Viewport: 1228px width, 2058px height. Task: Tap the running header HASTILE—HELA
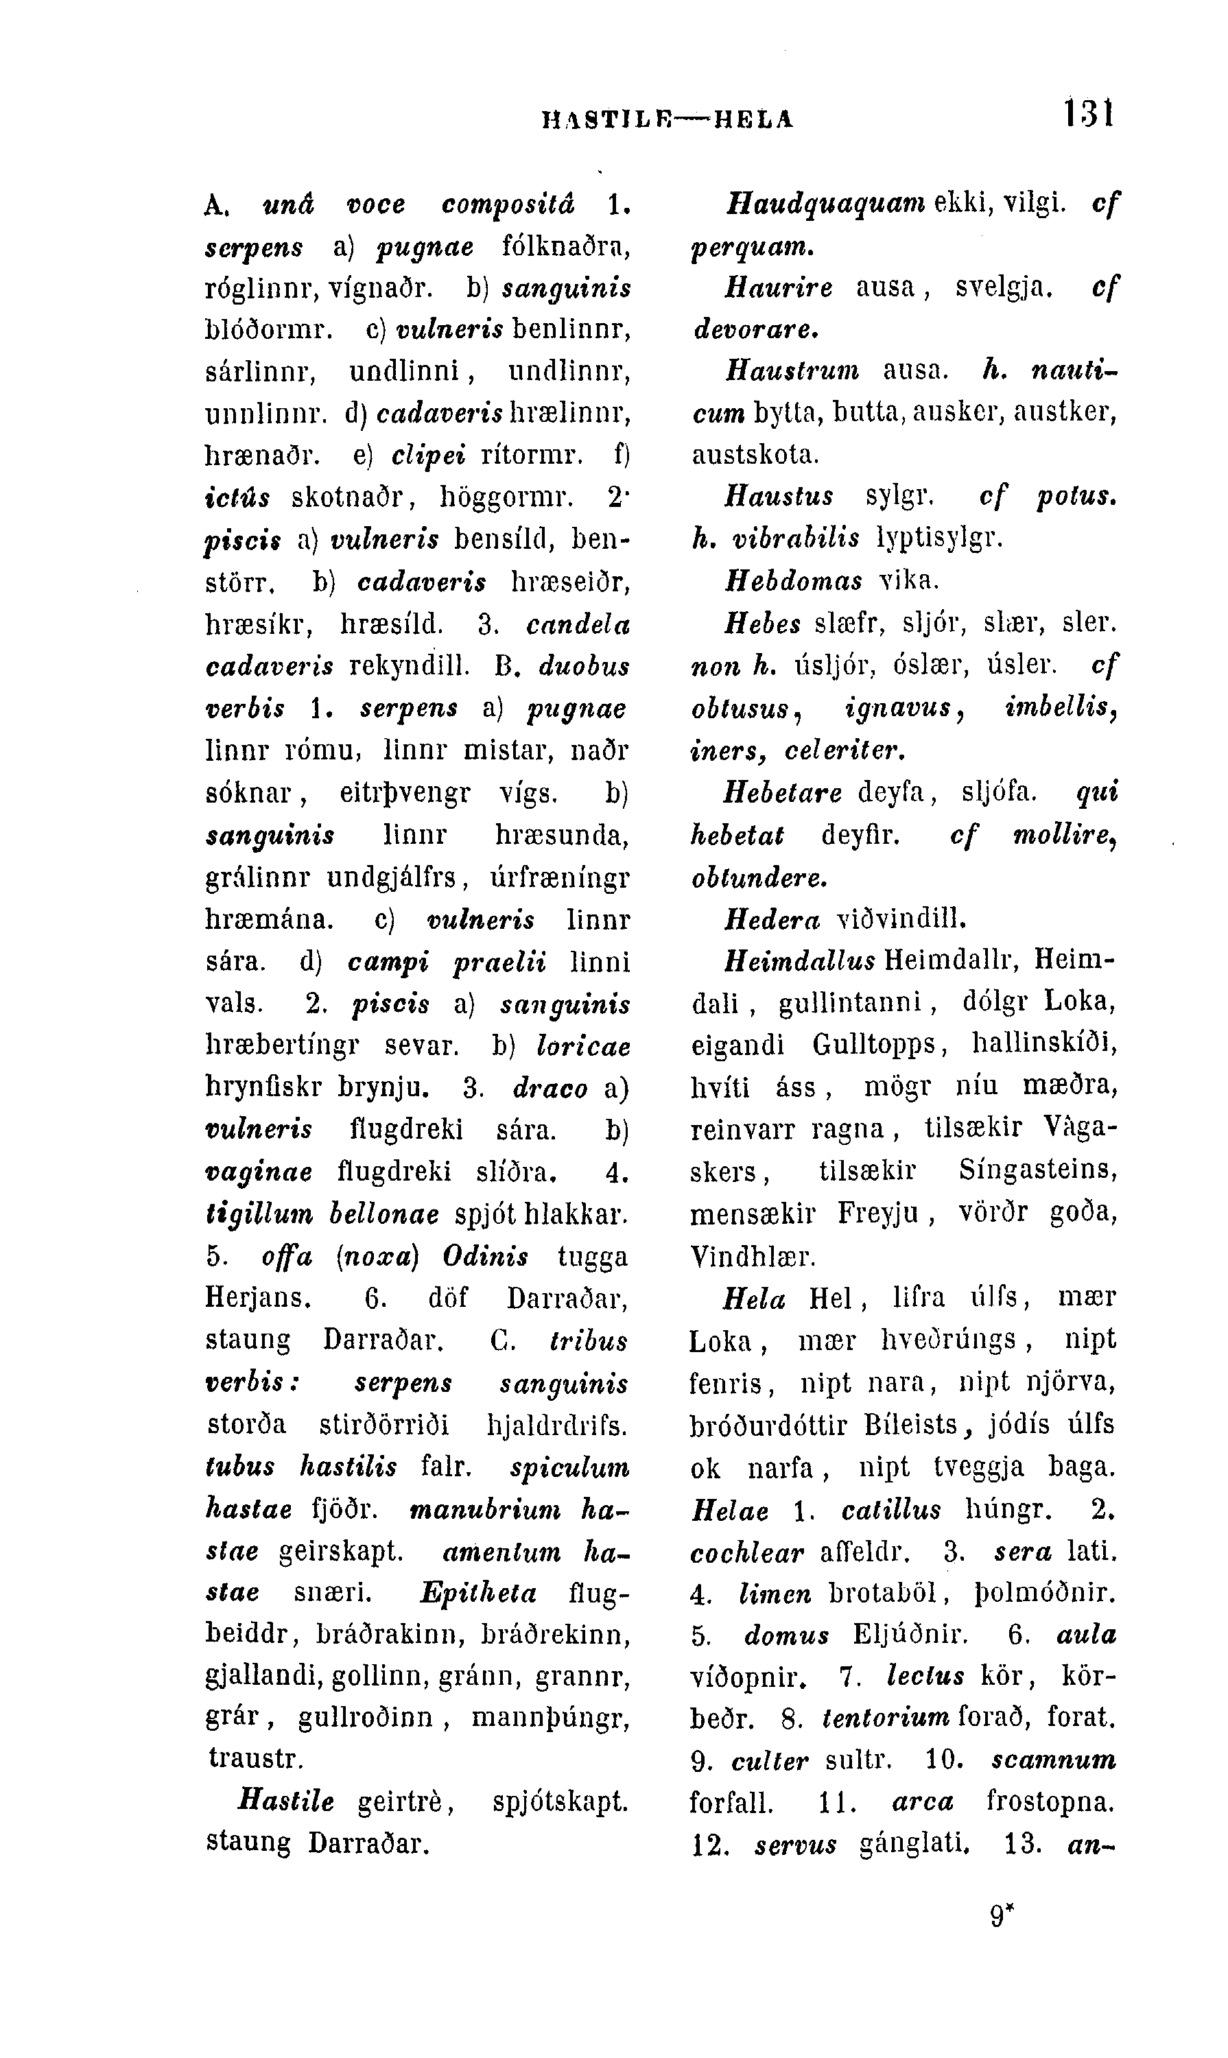pyautogui.click(x=667, y=119)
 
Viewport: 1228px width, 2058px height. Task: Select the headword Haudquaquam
pyautogui.click(x=825, y=204)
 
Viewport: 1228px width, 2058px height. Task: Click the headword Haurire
pyautogui.click(x=779, y=288)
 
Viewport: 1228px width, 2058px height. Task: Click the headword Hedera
pyautogui.click(x=772, y=919)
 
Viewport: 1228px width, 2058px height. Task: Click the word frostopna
pyautogui.click(x=1051, y=1801)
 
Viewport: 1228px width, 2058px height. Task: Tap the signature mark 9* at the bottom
pyautogui.click(x=1002, y=1914)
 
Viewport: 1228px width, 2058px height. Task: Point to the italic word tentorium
pyautogui.click(x=886, y=1718)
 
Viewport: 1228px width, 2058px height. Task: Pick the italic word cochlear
pyautogui.click(x=746, y=1552)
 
